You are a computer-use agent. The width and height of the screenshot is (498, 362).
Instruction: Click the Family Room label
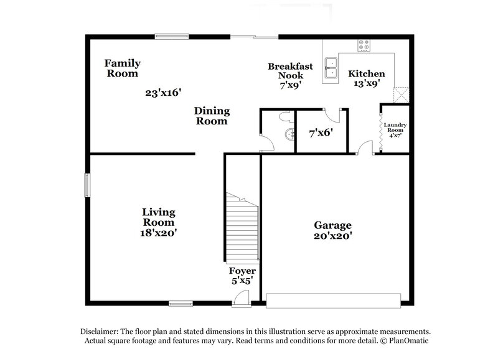pos(122,68)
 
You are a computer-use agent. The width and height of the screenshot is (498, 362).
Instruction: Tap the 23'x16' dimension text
pos(162,93)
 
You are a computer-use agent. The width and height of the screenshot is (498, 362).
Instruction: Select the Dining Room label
pos(212,116)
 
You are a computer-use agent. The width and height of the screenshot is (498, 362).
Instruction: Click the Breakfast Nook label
pos(286,76)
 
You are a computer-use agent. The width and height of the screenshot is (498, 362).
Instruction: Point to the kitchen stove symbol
pos(364,45)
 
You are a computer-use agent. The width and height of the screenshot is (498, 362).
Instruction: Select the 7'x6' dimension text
pos(321,132)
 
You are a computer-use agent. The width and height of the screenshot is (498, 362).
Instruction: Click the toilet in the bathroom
pos(286,116)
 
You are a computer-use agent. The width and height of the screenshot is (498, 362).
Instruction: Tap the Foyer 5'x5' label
pos(242,276)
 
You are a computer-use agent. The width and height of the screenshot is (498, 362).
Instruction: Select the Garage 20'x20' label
pos(332,230)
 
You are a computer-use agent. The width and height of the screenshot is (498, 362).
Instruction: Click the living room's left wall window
pos(87,185)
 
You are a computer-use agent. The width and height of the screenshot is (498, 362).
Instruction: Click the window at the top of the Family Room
pos(172,35)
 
